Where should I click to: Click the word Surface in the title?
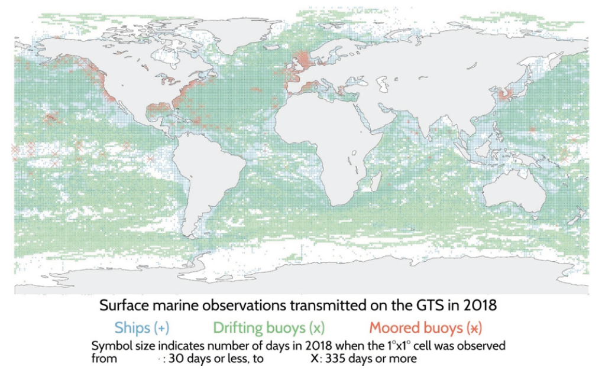click(123, 307)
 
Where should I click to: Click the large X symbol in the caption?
click(314, 359)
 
